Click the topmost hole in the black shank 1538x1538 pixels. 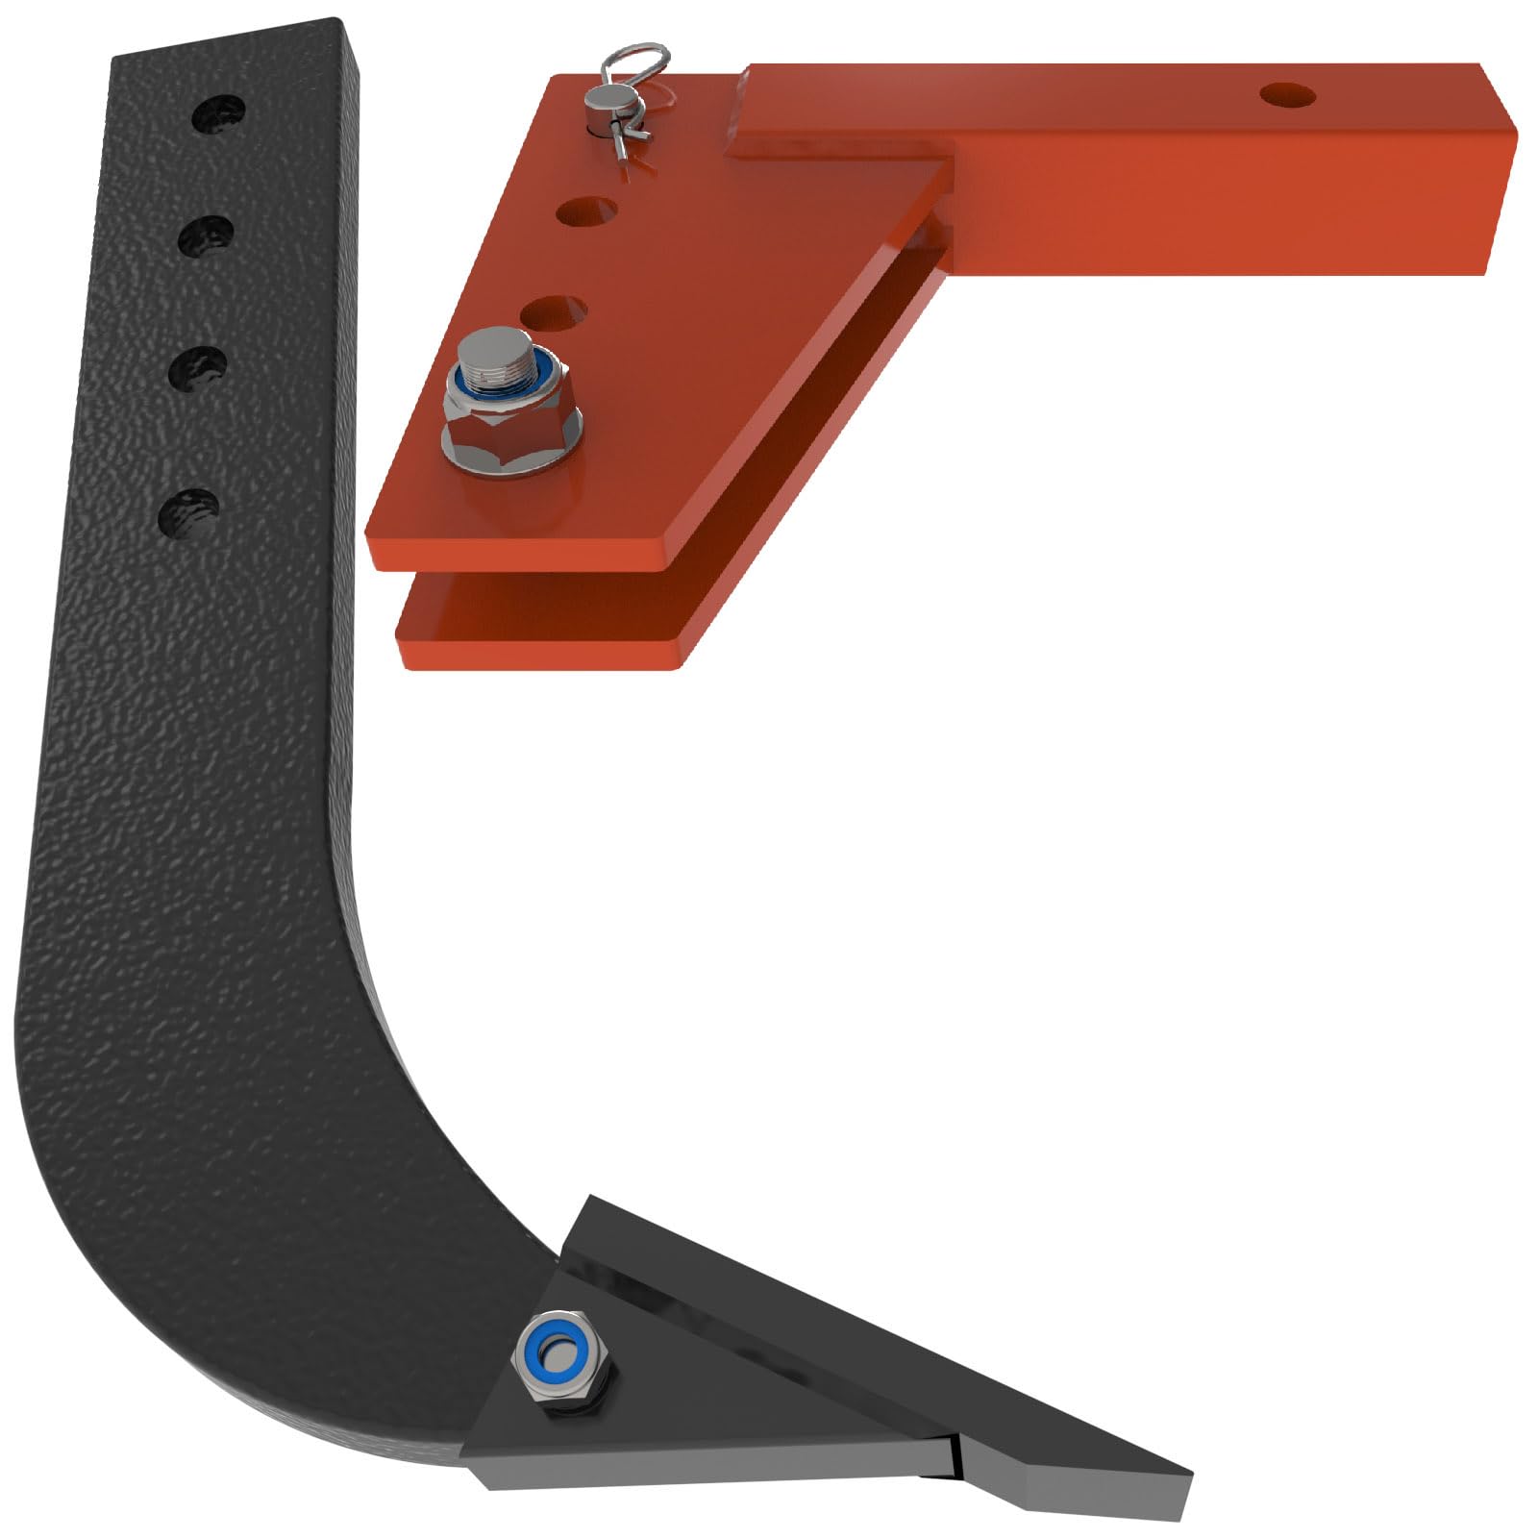pos(218,116)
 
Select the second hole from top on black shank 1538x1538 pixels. pos(207,236)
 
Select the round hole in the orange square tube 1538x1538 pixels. pos(1287,94)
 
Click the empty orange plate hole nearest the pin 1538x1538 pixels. pos(585,211)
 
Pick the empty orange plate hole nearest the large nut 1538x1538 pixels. pos(555,313)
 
